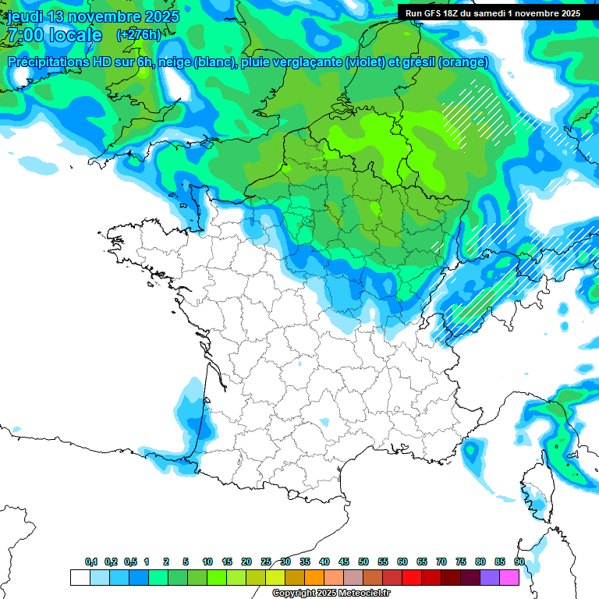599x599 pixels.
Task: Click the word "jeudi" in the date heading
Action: (x=25, y=16)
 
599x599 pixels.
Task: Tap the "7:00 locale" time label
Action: (x=55, y=35)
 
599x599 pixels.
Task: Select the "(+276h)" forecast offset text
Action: (x=138, y=34)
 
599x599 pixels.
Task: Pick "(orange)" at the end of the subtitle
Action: (x=463, y=62)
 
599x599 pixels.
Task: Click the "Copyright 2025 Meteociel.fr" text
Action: (x=331, y=594)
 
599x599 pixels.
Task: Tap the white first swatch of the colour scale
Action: (x=80, y=578)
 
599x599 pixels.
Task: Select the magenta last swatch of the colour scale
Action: (x=509, y=578)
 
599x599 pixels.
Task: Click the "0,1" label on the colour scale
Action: (x=91, y=562)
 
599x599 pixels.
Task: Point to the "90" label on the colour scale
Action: (x=519, y=562)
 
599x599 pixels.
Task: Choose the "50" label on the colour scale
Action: (x=363, y=562)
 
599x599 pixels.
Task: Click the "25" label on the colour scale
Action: (x=266, y=562)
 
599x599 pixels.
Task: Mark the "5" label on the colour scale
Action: (x=186, y=562)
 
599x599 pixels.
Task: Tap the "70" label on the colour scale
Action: (x=441, y=562)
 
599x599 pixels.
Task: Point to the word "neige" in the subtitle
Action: (x=175, y=62)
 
